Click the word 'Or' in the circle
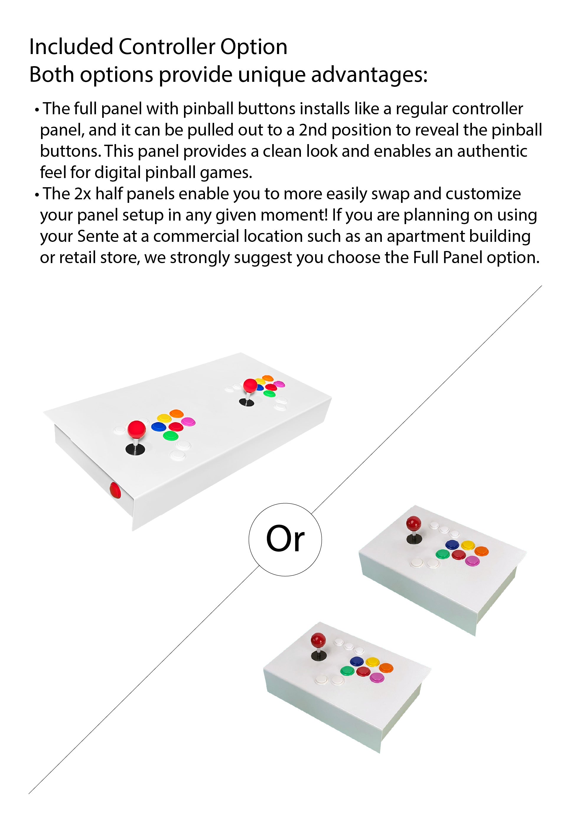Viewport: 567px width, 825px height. tap(285, 539)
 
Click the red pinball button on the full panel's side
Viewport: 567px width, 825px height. tap(115, 491)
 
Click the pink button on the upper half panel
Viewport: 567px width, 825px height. tap(472, 560)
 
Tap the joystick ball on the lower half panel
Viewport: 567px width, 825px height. tap(318, 640)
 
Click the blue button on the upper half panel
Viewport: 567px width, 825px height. tap(452, 544)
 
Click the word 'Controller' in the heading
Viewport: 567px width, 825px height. tap(167, 47)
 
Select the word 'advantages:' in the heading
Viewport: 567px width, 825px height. tap(369, 75)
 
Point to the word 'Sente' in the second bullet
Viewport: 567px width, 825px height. tap(98, 236)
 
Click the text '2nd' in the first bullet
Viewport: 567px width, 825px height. tap(313, 130)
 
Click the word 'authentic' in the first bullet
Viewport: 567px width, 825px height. tap(492, 151)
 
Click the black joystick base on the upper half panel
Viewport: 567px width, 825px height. tap(414, 539)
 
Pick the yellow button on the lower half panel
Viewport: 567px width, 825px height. tap(372, 662)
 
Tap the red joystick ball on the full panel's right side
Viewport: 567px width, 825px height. tap(250, 385)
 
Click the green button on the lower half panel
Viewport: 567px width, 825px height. tap(347, 671)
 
